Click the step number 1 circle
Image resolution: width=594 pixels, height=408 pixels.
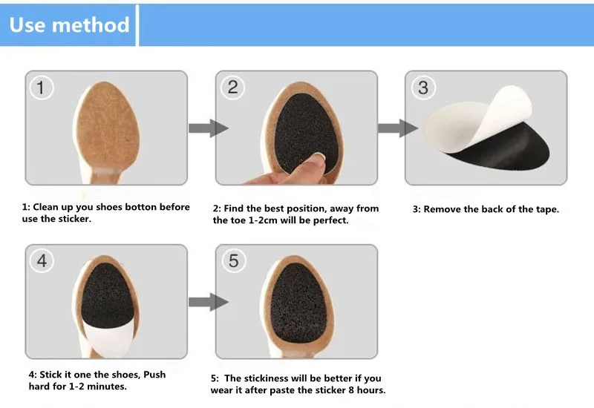[x=42, y=88]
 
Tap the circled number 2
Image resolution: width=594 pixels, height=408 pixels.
[x=232, y=88]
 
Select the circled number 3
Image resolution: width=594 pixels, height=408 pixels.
[x=423, y=88]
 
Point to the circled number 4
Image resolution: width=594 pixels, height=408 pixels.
[x=42, y=261]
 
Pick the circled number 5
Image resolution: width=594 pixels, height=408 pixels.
[x=233, y=261]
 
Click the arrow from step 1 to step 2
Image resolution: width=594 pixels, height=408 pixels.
[x=209, y=128]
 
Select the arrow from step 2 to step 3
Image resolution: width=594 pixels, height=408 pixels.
[x=398, y=128]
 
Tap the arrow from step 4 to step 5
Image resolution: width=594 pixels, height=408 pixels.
[x=209, y=302]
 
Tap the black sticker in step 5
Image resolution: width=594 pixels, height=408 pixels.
[x=299, y=303]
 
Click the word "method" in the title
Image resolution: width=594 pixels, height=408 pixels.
[x=91, y=25]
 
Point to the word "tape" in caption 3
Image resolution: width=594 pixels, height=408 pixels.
[x=546, y=209]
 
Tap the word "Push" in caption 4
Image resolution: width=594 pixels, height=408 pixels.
[x=154, y=375]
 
